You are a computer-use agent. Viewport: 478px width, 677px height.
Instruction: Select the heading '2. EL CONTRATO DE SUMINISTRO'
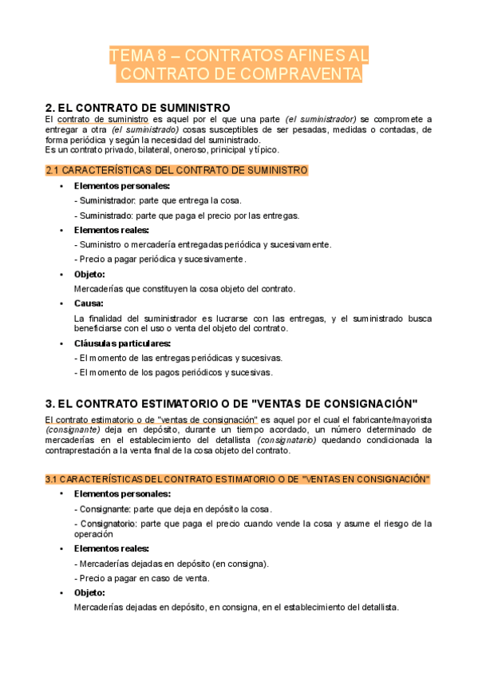pyautogui.click(x=138, y=108)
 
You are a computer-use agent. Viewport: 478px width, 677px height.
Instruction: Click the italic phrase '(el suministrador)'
pyautogui.click(x=321, y=119)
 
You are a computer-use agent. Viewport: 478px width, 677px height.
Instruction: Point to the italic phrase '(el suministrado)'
pyautogui.click(x=145, y=129)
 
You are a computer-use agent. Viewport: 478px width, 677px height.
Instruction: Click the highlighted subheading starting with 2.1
pyautogui.click(x=177, y=170)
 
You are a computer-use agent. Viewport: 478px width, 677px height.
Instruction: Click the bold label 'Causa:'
pyautogui.click(x=89, y=303)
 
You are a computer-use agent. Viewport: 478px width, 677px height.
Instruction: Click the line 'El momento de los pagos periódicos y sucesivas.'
pyautogui.click(x=174, y=372)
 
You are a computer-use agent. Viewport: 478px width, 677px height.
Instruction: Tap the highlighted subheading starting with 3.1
pyautogui.click(x=238, y=479)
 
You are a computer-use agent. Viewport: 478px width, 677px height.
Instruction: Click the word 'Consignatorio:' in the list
pyautogui.click(x=107, y=524)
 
